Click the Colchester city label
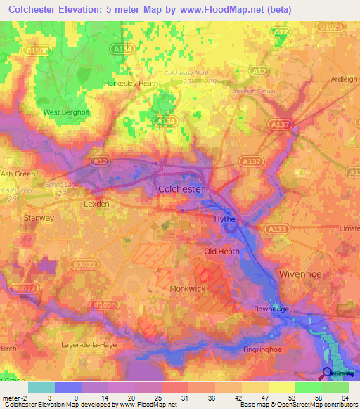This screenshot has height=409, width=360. pos(181,190)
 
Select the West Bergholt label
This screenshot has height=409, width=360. pos(66,112)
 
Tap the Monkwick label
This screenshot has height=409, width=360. pos(187,288)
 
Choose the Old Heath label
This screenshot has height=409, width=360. pos(221,252)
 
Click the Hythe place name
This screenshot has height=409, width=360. pos(224,220)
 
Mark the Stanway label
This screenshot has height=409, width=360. pos(39,218)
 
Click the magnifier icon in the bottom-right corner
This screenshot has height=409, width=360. pos(327,373)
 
